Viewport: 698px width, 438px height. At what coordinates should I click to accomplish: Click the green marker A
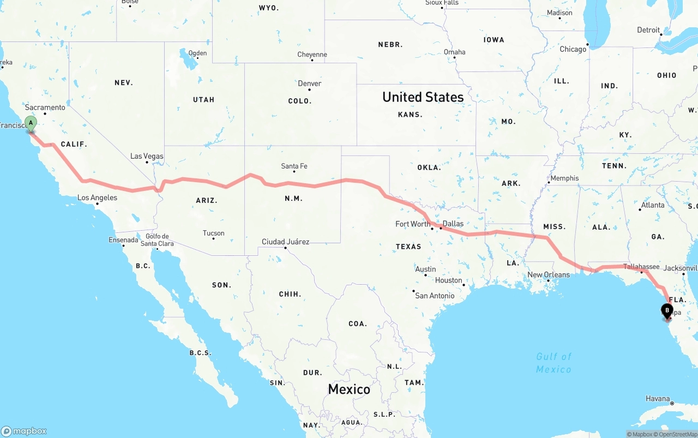(31, 123)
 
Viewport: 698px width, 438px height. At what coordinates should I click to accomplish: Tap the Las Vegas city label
(147, 156)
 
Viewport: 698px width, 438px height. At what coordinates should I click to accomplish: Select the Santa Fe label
(294, 166)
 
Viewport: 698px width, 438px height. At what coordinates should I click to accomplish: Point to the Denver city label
(309, 83)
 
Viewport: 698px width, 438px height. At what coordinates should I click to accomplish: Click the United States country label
(423, 97)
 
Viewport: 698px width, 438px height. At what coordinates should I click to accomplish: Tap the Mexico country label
(349, 389)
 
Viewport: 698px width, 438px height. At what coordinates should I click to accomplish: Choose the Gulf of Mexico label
(553, 363)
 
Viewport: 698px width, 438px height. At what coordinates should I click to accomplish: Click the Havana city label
(657, 399)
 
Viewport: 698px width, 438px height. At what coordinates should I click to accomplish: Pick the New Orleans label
(549, 275)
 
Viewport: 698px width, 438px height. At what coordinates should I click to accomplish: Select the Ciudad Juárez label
(285, 242)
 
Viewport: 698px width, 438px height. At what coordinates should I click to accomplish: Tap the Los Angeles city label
(97, 197)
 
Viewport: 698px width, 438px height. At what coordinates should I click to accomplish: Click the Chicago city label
(573, 49)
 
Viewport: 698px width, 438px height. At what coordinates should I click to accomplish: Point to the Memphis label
(564, 178)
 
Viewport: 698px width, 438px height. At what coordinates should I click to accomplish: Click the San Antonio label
(435, 296)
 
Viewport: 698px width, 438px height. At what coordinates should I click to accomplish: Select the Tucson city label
(213, 233)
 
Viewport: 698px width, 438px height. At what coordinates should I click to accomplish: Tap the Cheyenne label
(312, 55)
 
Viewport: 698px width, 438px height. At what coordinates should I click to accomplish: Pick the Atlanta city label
(653, 205)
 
